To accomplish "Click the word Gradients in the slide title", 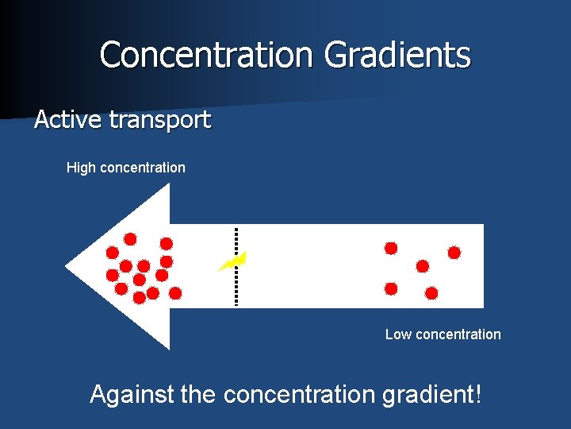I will coord(397,55).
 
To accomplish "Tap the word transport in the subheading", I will coord(160,121).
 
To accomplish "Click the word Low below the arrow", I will coord(398,334).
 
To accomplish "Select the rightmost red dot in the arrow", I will coord(454,253).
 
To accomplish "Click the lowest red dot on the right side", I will coord(431,293).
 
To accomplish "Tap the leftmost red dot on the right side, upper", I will coord(391,248).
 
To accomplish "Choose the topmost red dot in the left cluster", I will coord(130,238).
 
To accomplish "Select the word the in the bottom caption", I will coord(201,393).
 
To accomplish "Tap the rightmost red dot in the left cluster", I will coord(176,292).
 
